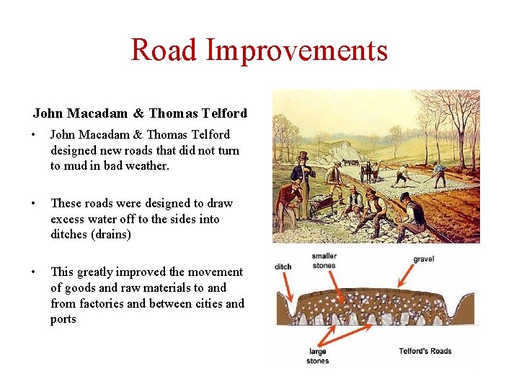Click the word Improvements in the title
click(x=296, y=50)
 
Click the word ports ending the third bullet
click(x=63, y=319)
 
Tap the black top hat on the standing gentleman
click(x=303, y=156)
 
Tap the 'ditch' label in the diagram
click(x=283, y=266)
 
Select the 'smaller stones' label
click(x=324, y=261)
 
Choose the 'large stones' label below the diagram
click(x=317, y=356)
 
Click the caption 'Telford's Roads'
click(x=425, y=351)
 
